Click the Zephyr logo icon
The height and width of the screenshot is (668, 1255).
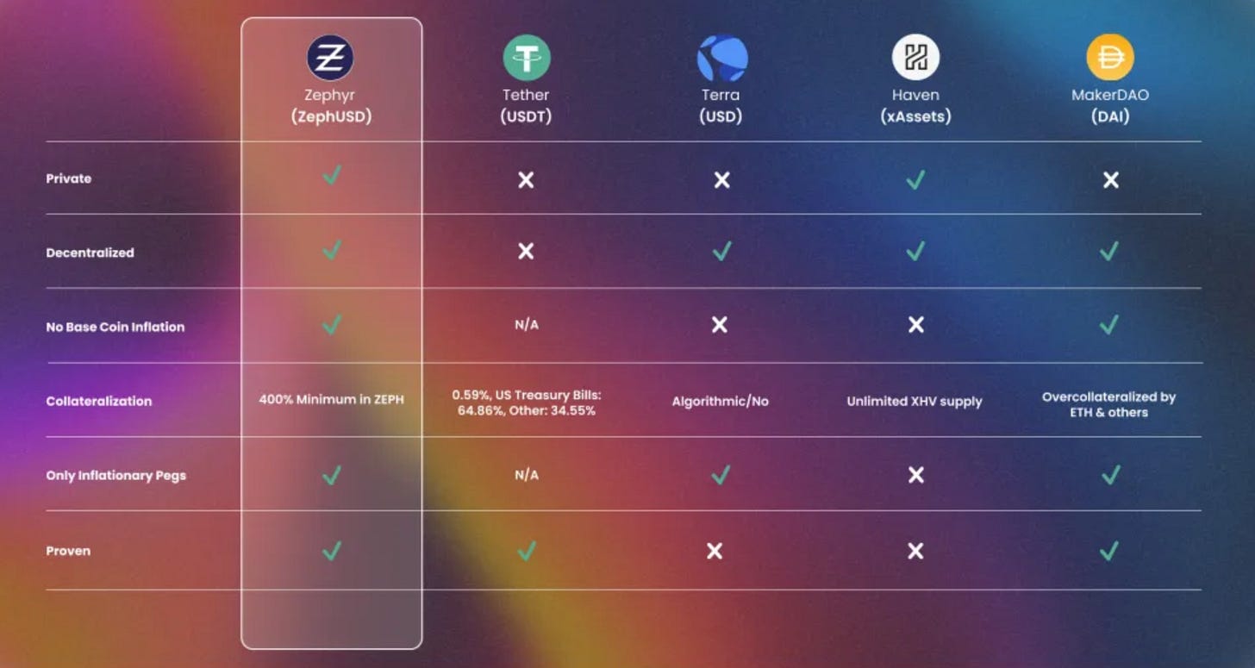click(x=331, y=58)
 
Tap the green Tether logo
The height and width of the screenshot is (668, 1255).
click(x=526, y=58)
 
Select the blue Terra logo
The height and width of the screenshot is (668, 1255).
click(x=721, y=58)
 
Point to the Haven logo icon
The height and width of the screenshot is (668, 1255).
click(x=915, y=58)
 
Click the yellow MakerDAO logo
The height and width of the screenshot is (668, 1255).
click(x=1110, y=58)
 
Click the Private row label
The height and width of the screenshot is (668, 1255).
click(x=69, y=178)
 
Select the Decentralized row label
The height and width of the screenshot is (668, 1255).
click(x=91, y=253)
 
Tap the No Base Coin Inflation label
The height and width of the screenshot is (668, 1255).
click(x=116, y=327)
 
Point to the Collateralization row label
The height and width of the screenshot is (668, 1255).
click(x=99, y=401)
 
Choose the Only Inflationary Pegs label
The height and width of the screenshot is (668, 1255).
click(x=116, y=475)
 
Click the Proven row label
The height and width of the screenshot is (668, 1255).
click(x=68, y=551)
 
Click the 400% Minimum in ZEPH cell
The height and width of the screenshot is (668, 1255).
click(x=332, y=400)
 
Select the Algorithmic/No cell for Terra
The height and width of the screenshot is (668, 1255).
click(x=721, y=402)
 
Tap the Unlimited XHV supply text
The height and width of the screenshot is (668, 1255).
click(x=915, y=401)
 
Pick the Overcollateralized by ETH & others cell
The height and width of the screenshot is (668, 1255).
click(x=1108, y=404)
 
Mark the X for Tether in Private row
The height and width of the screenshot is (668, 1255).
click(x=526, y=179)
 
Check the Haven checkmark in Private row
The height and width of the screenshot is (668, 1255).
click(x=915, y=178)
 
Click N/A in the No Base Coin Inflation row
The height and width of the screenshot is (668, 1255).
click(x=526, y=325)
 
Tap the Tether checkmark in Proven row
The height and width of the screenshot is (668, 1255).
click(x=526, y=550)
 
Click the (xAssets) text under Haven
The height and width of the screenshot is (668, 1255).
click(x=915, y=116)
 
